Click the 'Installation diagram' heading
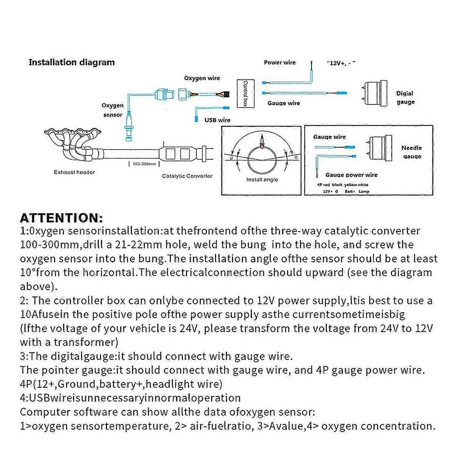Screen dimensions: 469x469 [72, 62]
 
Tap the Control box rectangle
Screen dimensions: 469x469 [245, 93]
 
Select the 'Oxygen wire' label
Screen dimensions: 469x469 [202, 78]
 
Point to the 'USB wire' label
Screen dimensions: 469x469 [217, 120]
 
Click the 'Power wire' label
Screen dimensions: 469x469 [280, 63]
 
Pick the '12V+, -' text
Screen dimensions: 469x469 [341, 63]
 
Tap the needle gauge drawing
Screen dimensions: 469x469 [379, 148]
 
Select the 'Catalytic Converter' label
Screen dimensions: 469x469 [187, 176]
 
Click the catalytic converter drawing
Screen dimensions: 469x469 [177, 154]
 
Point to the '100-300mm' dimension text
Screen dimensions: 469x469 [144, 164]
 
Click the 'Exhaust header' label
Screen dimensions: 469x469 [74, 172]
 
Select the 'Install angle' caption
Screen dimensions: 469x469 [262, 180]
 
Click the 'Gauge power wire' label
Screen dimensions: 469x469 [351, 175]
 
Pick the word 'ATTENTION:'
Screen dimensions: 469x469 [61, 218]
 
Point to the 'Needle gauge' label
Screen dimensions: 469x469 [411, 152]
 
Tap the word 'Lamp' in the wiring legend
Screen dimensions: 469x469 [364, 192]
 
